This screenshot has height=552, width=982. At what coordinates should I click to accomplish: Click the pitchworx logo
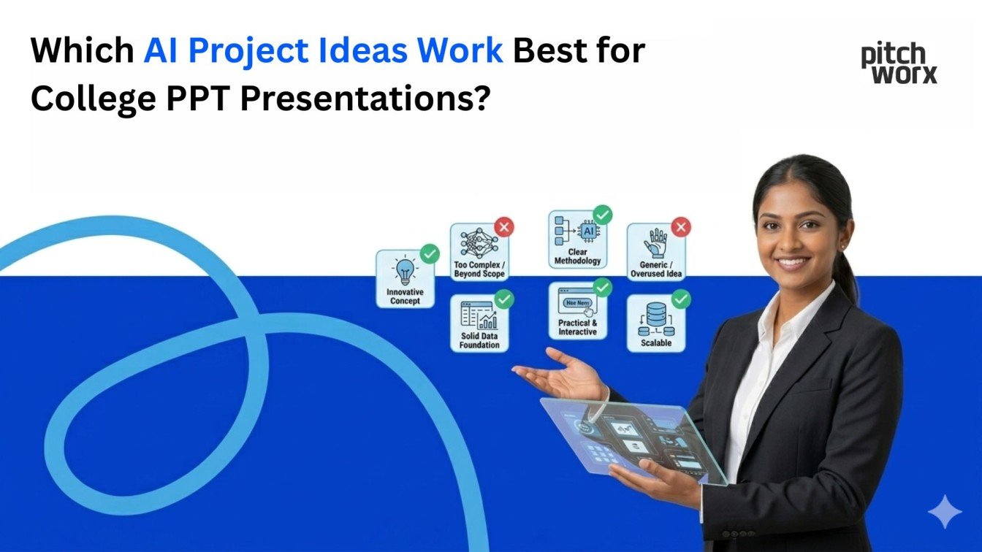(x=898, y=64)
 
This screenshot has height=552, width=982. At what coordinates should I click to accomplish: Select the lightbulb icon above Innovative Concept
(x=404, y=271)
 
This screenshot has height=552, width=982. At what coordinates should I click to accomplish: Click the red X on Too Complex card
(x=503, y=227)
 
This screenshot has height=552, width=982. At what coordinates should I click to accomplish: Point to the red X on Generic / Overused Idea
(x=680, y=227)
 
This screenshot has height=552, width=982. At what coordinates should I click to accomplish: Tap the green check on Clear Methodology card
(x=602, y=215)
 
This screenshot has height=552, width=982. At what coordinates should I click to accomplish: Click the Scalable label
(x=655, y=342)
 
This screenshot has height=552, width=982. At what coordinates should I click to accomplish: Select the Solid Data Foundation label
(x=479, y=340)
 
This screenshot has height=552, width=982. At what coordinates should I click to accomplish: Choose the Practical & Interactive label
(x=577, y=327)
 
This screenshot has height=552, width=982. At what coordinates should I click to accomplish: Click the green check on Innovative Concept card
(x=430, y=254)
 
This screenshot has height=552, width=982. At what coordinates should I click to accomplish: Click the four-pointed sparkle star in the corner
(x=945, y=511)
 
